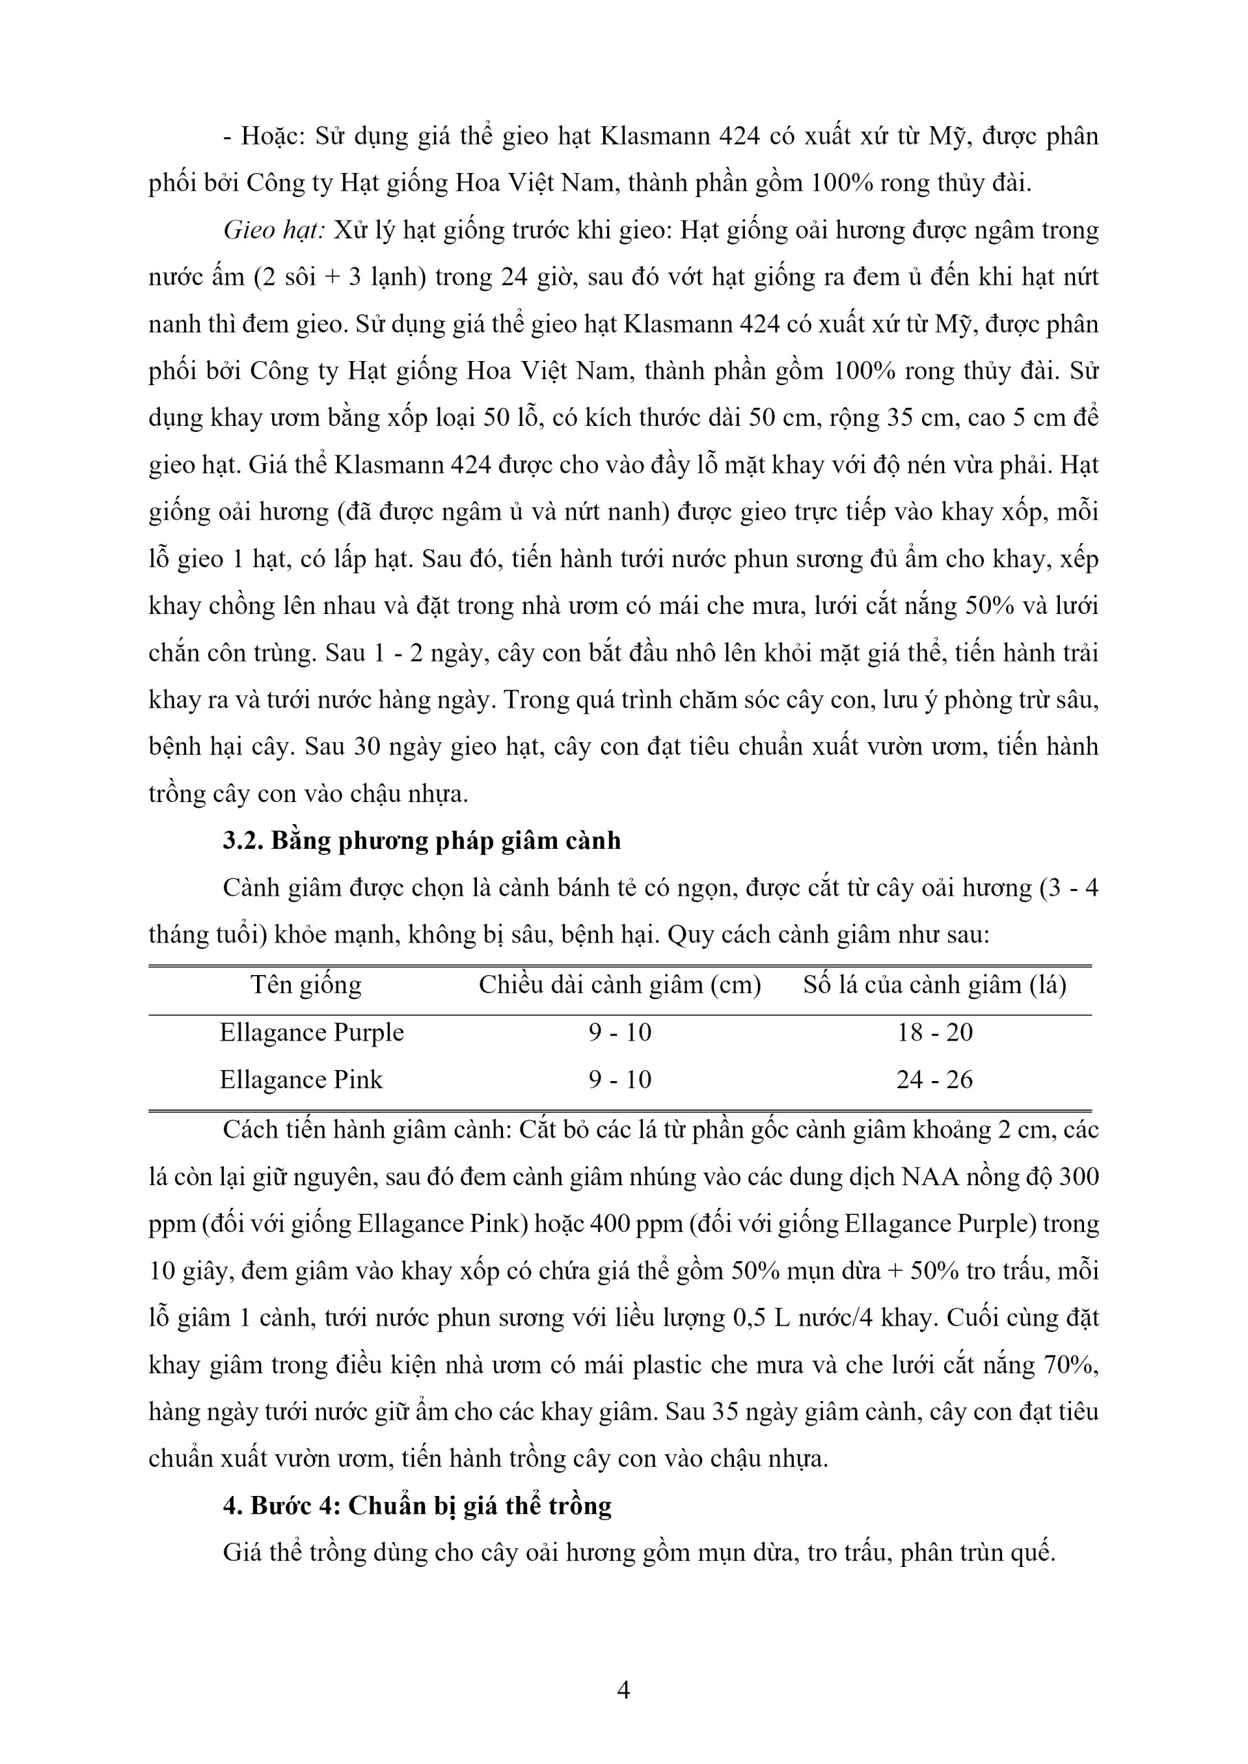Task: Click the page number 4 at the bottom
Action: point(623,1690)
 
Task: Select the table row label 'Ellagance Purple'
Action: point(311,1032)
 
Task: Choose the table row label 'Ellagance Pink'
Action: point(300,1080)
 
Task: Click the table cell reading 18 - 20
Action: point(934,1032)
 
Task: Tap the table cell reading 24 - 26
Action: point(934,1080)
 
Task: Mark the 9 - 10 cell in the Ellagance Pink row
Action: point(620,1080)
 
